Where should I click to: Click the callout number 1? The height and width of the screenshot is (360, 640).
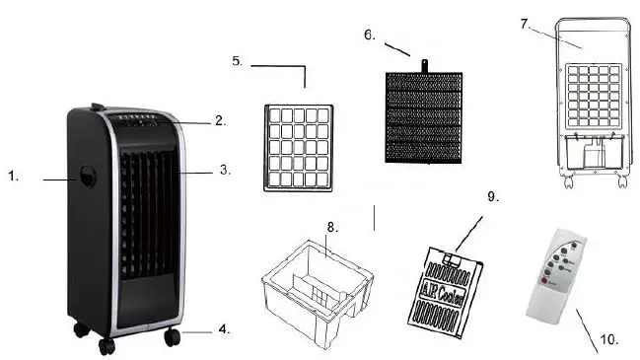point(13,177)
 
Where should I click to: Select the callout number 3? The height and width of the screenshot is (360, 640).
point(224,170)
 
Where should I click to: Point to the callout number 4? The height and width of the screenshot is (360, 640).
point(224,329)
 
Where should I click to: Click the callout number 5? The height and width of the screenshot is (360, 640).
point(238,61)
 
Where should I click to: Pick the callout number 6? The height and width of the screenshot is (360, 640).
point(370,35)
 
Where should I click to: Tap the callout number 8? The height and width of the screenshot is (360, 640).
point(332,227)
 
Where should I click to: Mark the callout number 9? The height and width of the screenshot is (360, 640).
point(494,196)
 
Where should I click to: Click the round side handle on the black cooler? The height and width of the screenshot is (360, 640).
point(88,179)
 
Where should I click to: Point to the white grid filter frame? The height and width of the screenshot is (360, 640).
point(299,147)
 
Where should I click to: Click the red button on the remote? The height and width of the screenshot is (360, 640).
point(540,286)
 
